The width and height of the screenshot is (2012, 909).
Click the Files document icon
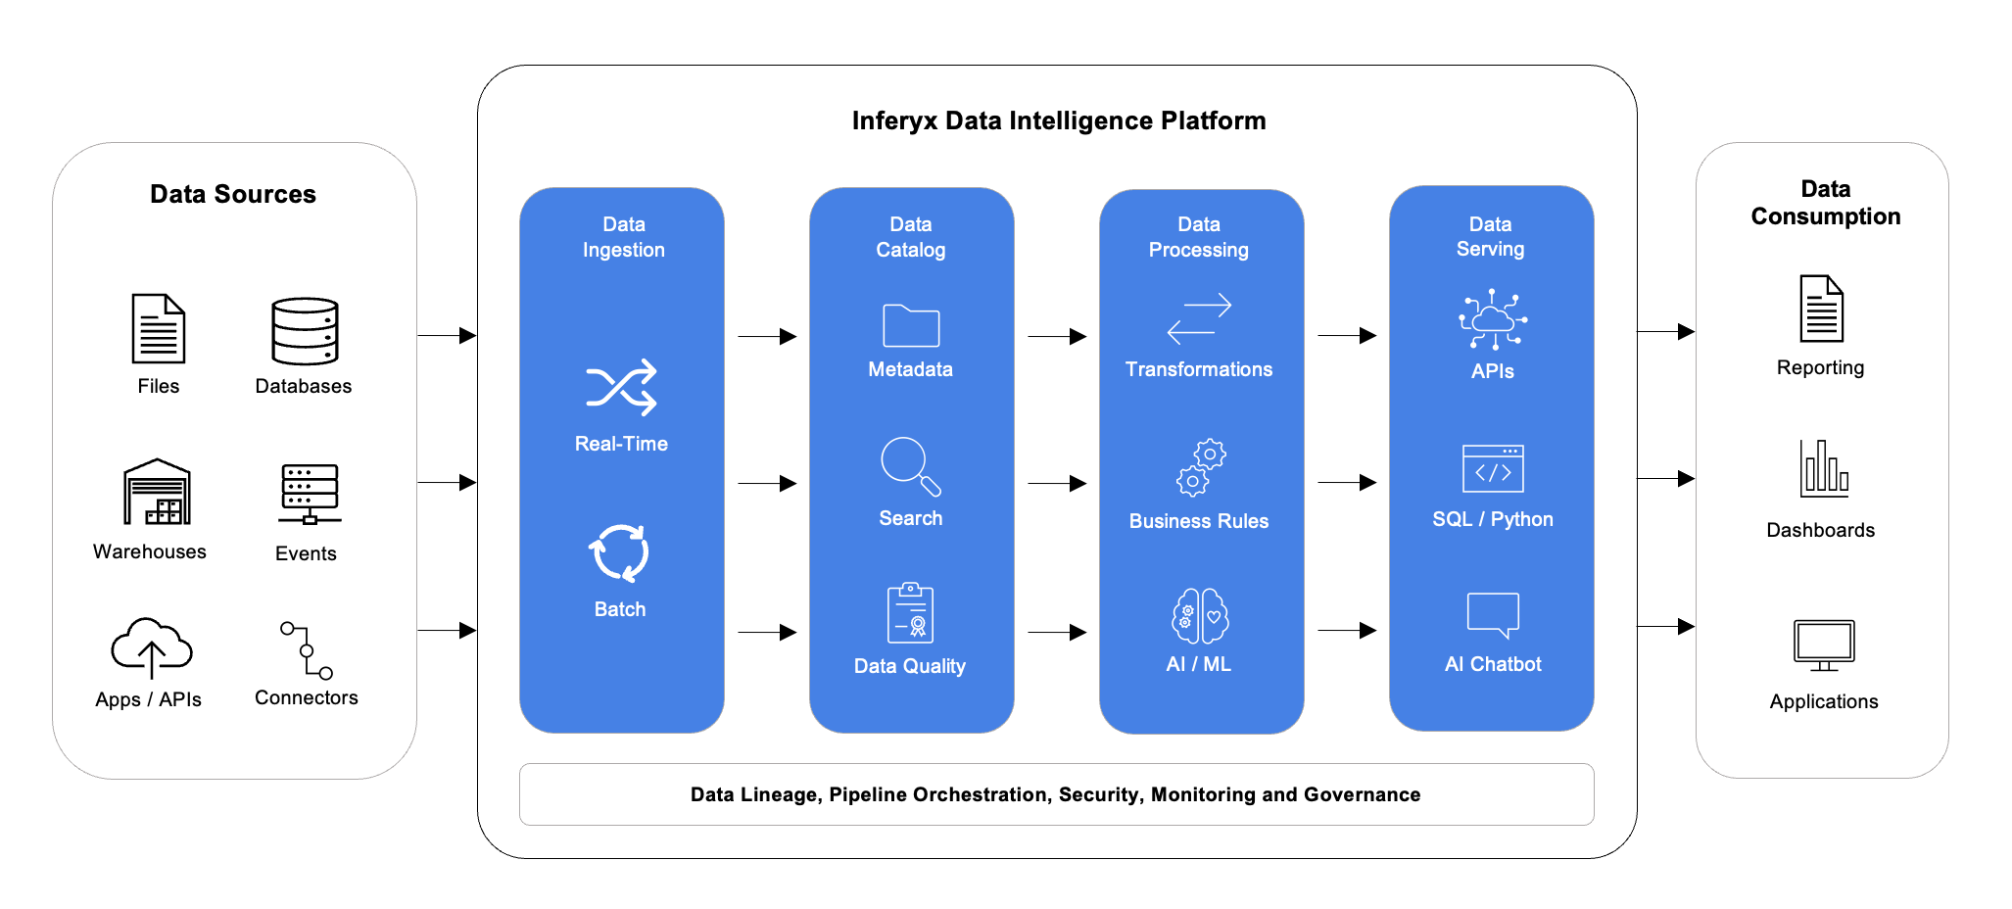tap(159, 329)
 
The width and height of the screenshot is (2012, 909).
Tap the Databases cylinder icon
tap(305, 332)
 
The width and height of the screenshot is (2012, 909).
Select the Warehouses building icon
tap(157, 492)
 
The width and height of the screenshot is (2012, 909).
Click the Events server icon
tap(310, 494)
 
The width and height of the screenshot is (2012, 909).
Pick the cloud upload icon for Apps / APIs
tap(152, 647)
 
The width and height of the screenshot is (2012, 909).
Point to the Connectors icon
tap(307, 649)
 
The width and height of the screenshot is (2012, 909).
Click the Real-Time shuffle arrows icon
tap(621, 387)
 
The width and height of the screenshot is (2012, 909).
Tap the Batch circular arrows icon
tap(619, 553)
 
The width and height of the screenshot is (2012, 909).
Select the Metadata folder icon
tap(911, 325)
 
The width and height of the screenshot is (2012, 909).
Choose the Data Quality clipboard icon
tap(910, 613)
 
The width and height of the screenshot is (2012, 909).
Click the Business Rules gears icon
tap(1201, 467)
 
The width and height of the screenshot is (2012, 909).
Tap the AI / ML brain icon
tap(1200, 615)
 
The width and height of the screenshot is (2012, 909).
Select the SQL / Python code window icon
tap(1493, 468)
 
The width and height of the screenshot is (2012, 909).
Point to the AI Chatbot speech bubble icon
tap(1493, 615)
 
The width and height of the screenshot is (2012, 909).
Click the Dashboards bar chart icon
tap(1824, 467)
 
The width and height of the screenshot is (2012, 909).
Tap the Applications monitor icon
tap(1824, 646)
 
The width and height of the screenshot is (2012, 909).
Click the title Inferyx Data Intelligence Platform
tap(1059, 120)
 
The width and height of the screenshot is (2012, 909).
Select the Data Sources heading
tap(233, 194)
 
